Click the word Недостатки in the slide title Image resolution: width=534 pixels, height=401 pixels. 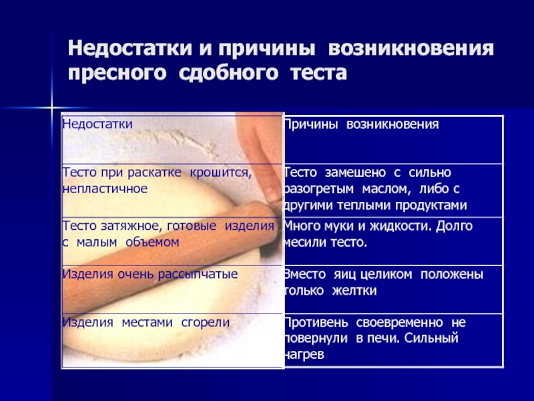[130, 48]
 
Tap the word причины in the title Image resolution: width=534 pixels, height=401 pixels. [266, 49]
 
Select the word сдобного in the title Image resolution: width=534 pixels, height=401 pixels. [228, 73]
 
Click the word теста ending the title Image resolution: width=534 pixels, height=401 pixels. [318, 74]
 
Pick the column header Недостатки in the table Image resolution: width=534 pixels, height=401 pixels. [97, 124]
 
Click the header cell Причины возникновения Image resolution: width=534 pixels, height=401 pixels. [361, 124]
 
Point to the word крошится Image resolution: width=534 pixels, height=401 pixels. [221, 172]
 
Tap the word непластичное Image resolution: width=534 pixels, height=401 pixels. [105, 188]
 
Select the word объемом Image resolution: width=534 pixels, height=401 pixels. [152, 242]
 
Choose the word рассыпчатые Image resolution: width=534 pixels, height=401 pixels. [198, 274]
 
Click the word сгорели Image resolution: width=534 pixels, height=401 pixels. [206, 323]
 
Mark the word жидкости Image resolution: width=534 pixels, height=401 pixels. [400, 226]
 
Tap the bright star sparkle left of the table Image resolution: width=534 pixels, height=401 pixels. [52, 108]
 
